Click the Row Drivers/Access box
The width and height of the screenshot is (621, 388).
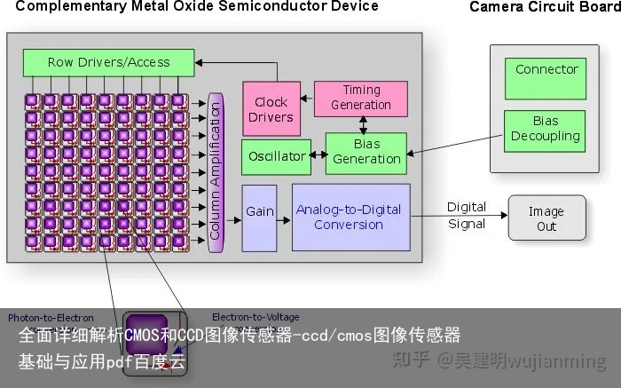pyautogui.click(x=108, y=62)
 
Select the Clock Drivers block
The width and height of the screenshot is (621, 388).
pyautogui.click(x=271, y=109)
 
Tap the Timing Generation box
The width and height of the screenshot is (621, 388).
pyautogui.click(x=360, y=97)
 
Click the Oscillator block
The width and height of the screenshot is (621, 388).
pyautogui.click(x=276, y=156)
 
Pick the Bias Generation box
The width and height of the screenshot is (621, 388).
pyautogui.click(x=366, y=153)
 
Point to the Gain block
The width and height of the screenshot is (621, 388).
pyautogui.click(x=260, y=211)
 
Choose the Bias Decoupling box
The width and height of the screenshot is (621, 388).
pyautogui.click(x=546, y=130)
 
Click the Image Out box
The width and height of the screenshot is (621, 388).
pyautogui.click(x=546, y=218)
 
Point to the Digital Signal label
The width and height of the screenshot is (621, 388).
pyautogui.click(x=466, y=216)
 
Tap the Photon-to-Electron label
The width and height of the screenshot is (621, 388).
pyautogui.click(x=51, y=317)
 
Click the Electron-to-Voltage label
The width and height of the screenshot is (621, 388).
pyautogui.click(x=255, y=317)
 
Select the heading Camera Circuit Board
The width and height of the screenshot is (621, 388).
pyautogui.click(x=544, y=7)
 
